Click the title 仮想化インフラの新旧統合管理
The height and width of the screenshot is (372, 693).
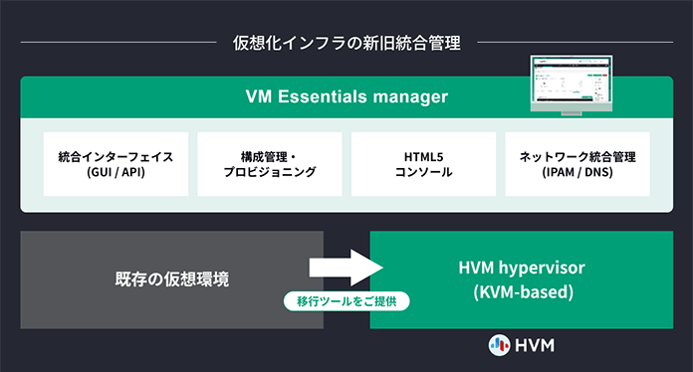pyautogui.click(x=346, y=43)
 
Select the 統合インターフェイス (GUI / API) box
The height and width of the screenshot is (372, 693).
pyautogui.click(x=115, y=164)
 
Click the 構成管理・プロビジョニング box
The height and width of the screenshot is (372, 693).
pyautogui.click(x=270, y=164)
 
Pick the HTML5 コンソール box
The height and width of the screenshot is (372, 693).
pyautogui.click(x=424, y=164)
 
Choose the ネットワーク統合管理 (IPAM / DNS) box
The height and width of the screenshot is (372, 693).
pyautogui.click(x=577, y=164)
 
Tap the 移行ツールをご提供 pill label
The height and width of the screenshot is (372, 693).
pyautogui.click(x=346, y=299)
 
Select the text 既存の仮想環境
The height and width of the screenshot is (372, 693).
pyautogui.click(x=171, y=279)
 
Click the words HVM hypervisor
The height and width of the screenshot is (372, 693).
pyautogui.click(x=521, y=268)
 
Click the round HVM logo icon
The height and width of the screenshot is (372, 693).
pyautogui.click(x=499, y=344)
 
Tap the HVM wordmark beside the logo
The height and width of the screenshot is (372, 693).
pyautogui.click(x=535, y=344)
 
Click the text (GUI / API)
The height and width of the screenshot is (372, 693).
pyautogui.click(x=115, y=173)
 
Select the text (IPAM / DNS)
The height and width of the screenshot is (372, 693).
pyautogui.click(x=577, y=173)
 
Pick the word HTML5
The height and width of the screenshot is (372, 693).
pyautogui.click(x=424, y=156)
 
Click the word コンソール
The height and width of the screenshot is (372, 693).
pyautogui.click(x=424, y=173)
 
